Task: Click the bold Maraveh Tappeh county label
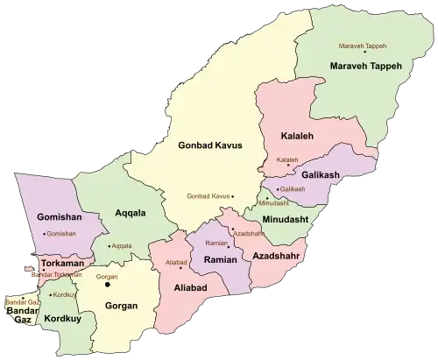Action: click(x=366, y=66)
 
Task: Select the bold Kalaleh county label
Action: click(x=299, y=138)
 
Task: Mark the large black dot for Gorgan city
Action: click(x=109, y=283)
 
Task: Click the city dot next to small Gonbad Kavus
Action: click(x=234, y=196)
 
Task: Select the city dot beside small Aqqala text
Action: click(x=108, y=246)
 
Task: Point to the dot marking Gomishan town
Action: click(x=41, y=235)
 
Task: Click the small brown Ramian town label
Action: click(x=215, y=243)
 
